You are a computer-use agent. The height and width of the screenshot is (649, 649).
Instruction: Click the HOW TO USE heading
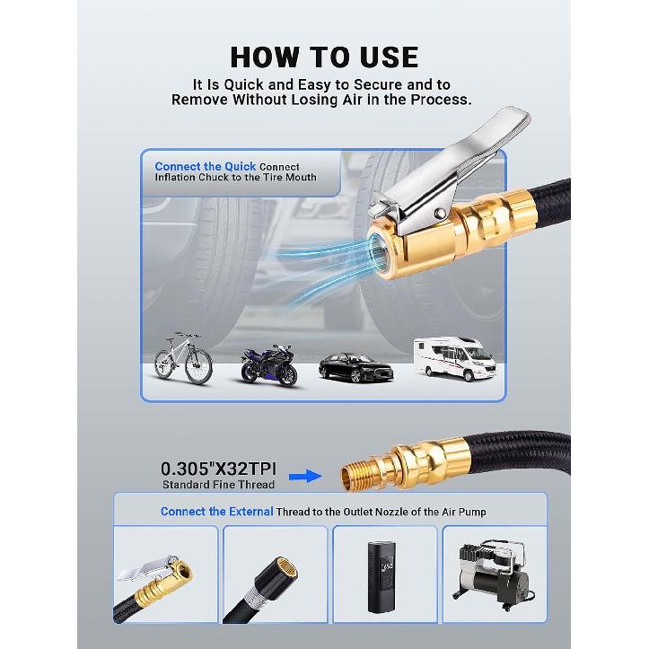(324, 57)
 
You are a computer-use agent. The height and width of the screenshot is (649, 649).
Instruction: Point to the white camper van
(452, 357)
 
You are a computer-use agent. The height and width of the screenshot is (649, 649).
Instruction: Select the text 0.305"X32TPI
(218, 469)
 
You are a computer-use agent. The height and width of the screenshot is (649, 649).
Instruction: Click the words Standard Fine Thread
(218, 485)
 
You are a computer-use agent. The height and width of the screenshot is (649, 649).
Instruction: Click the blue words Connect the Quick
(205, 166)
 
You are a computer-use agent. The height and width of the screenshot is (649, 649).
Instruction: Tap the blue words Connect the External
(206, 511)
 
